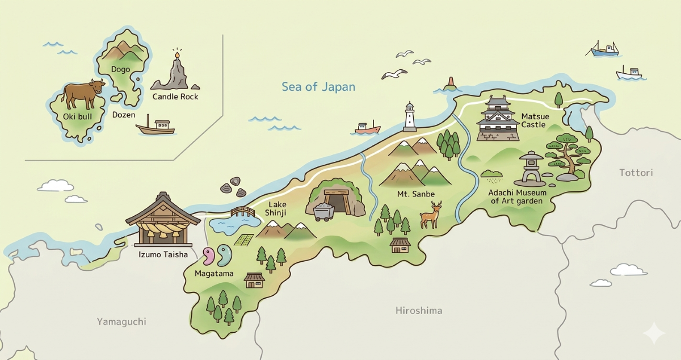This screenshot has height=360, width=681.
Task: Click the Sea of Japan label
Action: coord(318,87)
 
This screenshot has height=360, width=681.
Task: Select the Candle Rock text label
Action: coord(175,97)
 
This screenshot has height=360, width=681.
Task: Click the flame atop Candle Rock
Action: coord(176,55)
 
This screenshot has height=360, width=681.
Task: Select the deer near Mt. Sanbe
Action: coord(431,215)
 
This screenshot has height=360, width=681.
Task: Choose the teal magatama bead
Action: coord(225,254)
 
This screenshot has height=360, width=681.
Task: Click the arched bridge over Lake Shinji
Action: coord(243,212)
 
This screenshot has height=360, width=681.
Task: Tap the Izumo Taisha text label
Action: coord(163,254)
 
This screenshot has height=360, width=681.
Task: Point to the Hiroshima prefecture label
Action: coord(419,311)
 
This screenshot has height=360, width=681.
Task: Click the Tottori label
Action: coord(636,172)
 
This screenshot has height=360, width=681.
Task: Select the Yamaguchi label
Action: coord(121,322)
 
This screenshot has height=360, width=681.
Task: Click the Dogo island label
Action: coord(120,69)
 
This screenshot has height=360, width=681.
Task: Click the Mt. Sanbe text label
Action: coord(416,194)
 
